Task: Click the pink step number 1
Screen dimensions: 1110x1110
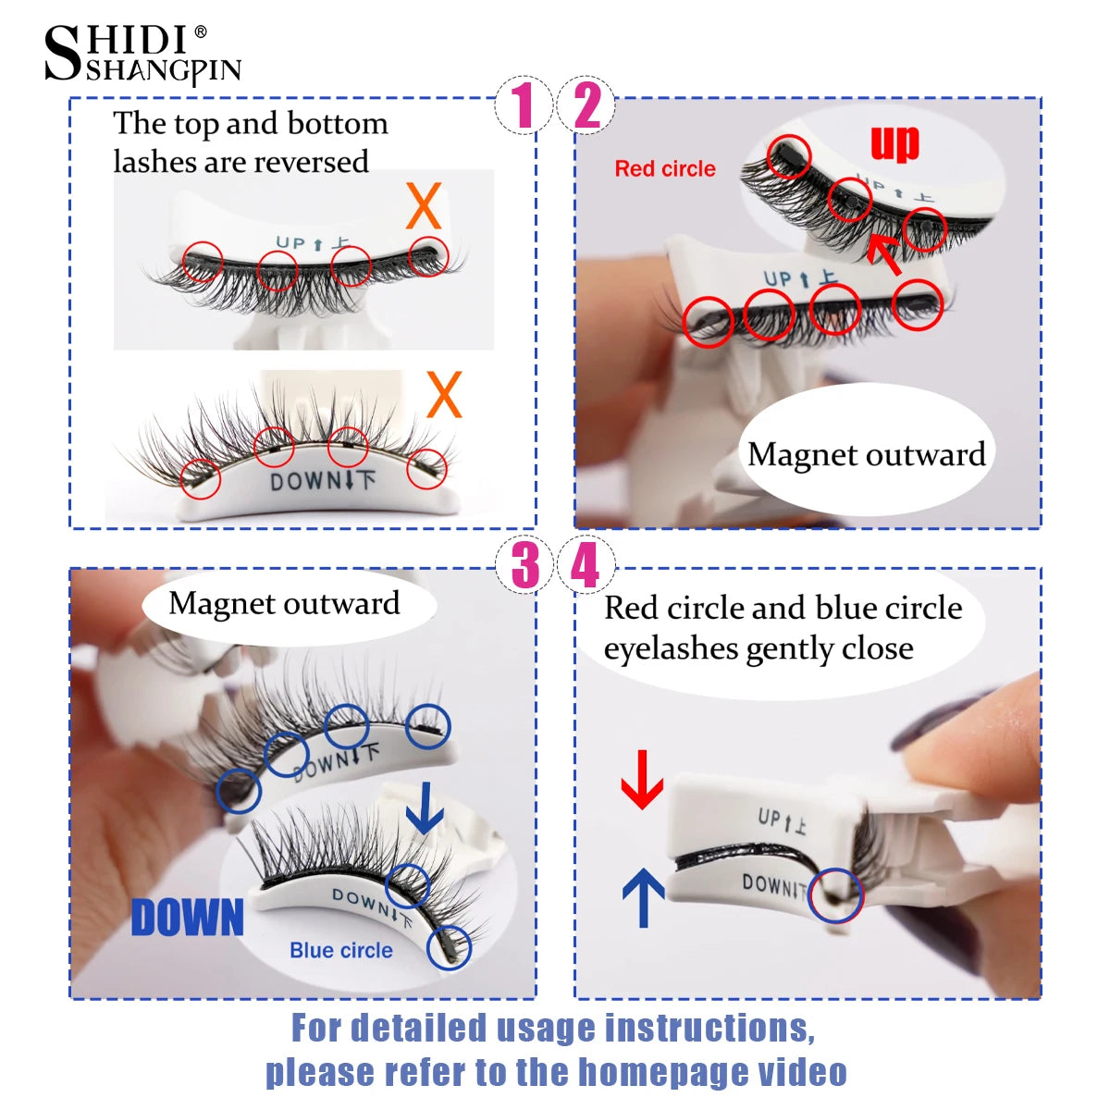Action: [524, 105]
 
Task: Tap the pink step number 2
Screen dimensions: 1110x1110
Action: [587, 105]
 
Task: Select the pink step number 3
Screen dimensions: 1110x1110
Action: [524, 565]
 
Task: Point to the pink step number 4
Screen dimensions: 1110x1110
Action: [585, 565]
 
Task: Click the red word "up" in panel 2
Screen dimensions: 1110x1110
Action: [894, 143]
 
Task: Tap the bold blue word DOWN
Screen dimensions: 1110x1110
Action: [188, 919]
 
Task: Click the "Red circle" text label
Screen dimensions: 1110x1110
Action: [665, 169]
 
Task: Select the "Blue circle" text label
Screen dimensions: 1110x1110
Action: [340, 951]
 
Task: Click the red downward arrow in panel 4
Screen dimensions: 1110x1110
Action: [642, 780]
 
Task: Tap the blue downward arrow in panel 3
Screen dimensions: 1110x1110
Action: [425, 808]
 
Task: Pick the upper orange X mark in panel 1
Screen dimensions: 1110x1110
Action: [424, 207]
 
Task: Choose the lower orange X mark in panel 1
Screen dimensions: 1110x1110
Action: [444, 395]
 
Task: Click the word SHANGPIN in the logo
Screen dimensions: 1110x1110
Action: [164, 72]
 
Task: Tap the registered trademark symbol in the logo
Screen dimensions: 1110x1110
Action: [200, 33]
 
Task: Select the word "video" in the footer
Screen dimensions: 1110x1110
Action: [802, 1072]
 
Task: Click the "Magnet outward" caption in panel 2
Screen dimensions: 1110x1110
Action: [866, 455]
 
